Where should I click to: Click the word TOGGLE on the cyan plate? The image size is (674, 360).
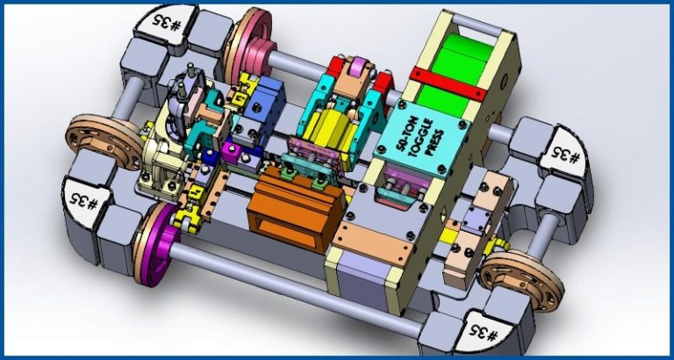(x=422, y=137)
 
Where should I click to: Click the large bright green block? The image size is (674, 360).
(x=456, y=76)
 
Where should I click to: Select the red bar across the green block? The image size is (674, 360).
(x=448, y=84)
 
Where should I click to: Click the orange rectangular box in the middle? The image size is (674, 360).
(x=295, y=209)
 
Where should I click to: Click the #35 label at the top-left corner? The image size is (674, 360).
(x=166, y=24)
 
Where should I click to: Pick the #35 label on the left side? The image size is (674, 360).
(x=85, y=201)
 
